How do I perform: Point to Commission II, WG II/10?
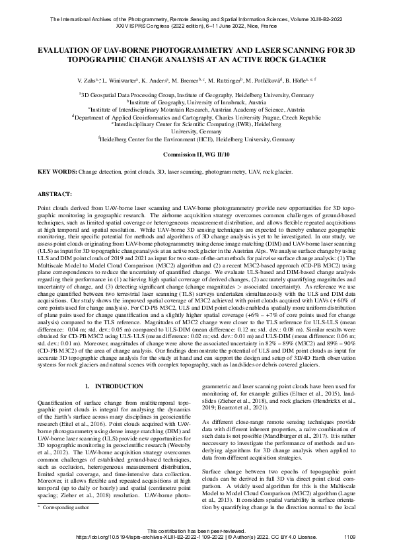196,155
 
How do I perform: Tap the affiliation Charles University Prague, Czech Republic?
258,117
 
